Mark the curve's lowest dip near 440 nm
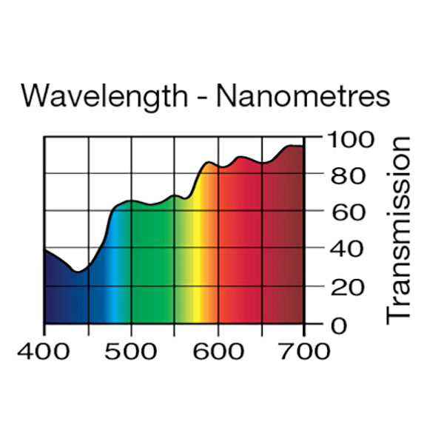78,272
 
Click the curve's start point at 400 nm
45,250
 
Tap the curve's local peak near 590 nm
210,162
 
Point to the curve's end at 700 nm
303,147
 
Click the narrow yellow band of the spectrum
194,296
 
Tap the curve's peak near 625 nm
240,157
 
